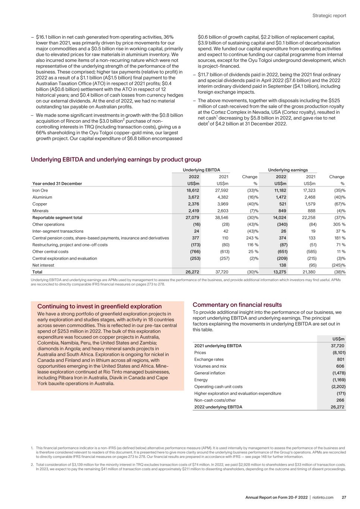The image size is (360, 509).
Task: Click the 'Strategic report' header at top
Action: coord(329,16)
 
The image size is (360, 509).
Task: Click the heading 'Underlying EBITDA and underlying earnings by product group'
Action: coord(116,160)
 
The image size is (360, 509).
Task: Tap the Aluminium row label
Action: coord(42,197)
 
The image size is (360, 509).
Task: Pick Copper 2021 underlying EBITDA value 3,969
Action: coord(222,204)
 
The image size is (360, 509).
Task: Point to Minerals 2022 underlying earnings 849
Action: coord(281,211)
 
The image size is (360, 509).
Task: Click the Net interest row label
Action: coord(43,265)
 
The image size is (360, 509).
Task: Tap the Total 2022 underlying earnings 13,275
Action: coord(280,272)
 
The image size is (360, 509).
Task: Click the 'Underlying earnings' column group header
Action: coord(288,170)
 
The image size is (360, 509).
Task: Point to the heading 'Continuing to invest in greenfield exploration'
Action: coord(99,307)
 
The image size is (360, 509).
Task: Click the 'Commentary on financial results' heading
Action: coord(237,305)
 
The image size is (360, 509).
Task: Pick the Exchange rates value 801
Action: coord(340,359)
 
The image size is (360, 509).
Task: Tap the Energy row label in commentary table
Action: coord(201,380)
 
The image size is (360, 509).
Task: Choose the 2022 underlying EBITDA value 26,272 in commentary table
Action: coord(338,407)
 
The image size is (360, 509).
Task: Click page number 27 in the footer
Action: coord(344,497)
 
